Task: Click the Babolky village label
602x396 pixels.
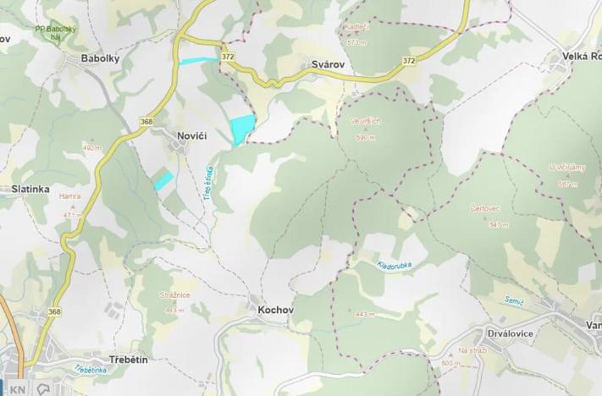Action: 100,58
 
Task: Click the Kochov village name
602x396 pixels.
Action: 275,310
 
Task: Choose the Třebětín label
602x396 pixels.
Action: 129,360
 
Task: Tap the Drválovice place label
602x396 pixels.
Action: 511,333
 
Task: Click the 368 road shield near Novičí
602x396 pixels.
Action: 146,123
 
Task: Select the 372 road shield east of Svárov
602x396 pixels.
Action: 409,61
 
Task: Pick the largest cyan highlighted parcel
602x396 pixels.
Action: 241,129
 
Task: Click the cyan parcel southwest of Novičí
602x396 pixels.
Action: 163,179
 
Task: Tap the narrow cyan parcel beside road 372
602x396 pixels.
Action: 198,60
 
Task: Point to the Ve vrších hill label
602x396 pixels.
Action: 366,121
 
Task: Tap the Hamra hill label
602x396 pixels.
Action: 70,196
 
